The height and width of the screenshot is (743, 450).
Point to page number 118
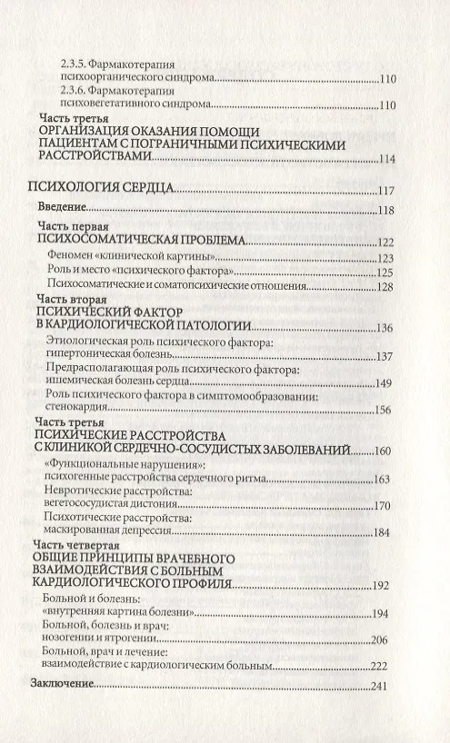click(x=388, y=212)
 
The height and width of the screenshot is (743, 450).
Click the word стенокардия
click(x=72, y=410)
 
